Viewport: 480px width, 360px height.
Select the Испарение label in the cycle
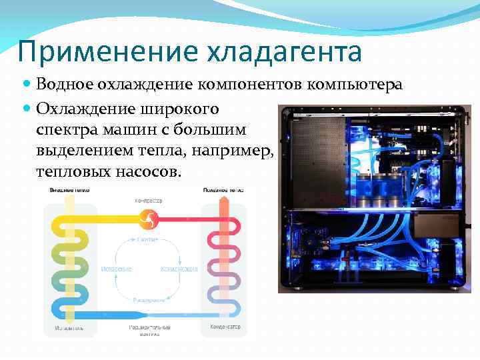(x=116, y=269)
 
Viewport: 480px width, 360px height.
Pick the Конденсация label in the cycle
(x=179, y=269)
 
